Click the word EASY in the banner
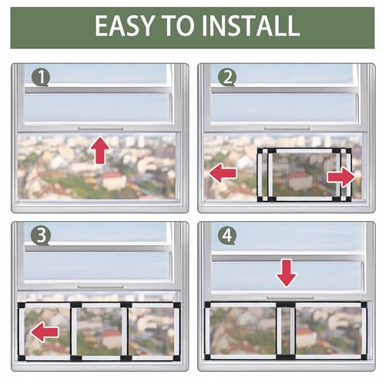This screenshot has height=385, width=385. [125, 25]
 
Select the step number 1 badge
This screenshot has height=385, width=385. [40, 78]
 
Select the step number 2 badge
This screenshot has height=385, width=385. [227, 78]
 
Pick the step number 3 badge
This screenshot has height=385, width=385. [40, 236]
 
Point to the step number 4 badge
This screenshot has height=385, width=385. [227, 236]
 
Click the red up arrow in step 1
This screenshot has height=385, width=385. [100, 151]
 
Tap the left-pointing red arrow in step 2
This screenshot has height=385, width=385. [223, 173]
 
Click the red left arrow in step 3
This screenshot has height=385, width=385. [45, 332]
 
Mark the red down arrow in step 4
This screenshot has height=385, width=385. [286, 273]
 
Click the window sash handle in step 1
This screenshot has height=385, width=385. [101, 128]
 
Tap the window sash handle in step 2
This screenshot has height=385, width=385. [287, 128]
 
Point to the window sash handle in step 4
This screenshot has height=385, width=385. [290, 297]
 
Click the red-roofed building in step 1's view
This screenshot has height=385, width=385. [113, 181]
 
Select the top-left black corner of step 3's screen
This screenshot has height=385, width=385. [22, 305]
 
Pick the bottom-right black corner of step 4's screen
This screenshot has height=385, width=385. [363, 357]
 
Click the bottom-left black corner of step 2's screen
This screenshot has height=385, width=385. [260, 199]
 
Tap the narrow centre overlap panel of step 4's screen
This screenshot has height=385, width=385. [286, 331]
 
